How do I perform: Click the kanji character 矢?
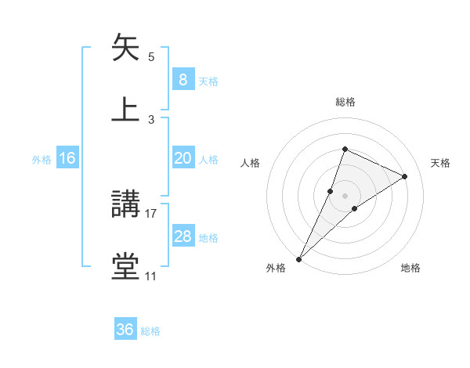coord(125,49)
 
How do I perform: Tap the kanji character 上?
coord(125,110)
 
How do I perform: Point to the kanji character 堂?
coord(125,266)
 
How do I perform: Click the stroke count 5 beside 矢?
coord(151,57)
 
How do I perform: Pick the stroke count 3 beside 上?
coord(151,120)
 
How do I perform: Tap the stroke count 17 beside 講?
coord(151,213)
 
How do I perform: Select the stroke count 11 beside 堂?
coord(151,276)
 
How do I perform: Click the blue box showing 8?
coord(183,80)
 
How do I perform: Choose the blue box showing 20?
coord(183,158)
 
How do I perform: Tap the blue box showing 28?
coord(183,236)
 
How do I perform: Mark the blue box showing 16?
coord(67,158)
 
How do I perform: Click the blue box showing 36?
coord(125,330)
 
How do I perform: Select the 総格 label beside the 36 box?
coord(151,331)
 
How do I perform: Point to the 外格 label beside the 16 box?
coord(42,160)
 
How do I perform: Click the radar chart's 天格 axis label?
coord(441,163)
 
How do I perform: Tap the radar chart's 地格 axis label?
coord(410,269)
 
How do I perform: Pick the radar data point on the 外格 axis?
coord(298,258)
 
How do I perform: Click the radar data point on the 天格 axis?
coord(405,177)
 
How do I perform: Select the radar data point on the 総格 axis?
coord(345,149)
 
